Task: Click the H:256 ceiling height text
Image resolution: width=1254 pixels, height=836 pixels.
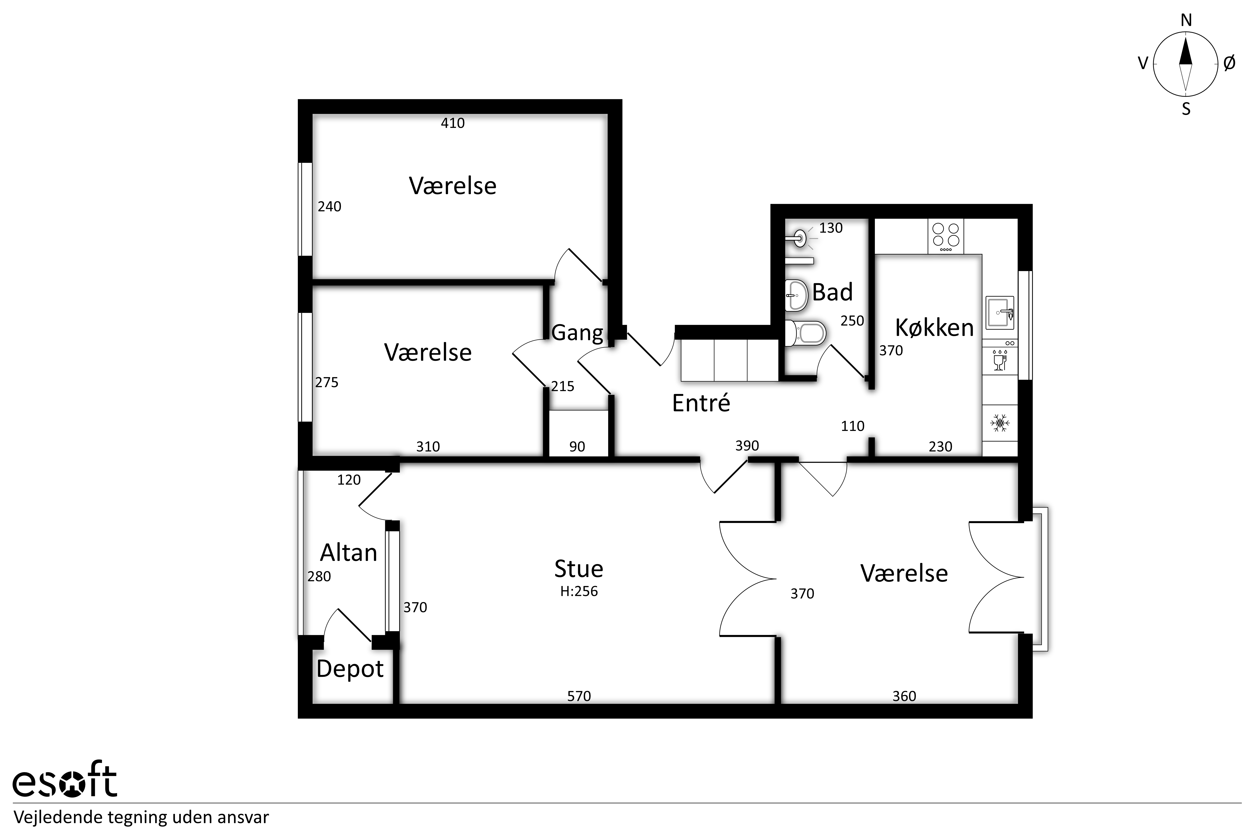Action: point(579,591)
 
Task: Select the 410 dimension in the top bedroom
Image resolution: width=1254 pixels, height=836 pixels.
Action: point(453,123)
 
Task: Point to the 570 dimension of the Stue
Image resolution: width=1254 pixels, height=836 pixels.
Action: point(579,696)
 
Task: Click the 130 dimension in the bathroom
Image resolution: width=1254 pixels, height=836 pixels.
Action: point(831,228)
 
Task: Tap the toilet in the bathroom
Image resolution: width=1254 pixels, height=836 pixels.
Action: point(806,333)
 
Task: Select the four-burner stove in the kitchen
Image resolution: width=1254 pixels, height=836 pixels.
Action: point(946,237)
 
